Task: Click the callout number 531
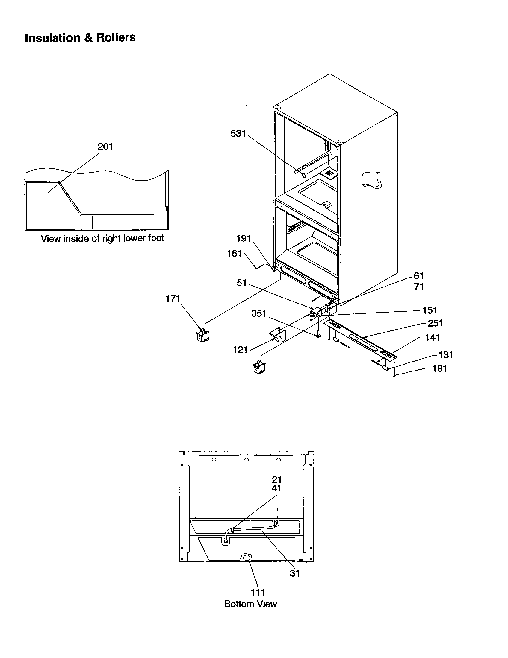tap(238, 133)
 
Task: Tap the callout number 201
tap(105, 147)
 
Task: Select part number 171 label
tap(173, 299)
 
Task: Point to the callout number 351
tap(259, 314)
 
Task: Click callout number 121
tap(240, 350)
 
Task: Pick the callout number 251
tap(435, 323)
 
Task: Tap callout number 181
tap(439, 368)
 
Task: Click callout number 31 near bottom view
tap(295, 573)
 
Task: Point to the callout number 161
tap(234, 253)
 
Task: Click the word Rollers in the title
tap(116, 38)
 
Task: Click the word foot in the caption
tap(156, 238)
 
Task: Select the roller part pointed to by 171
tap(203, 335)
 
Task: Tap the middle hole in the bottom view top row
tap(247, 460)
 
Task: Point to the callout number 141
tap(432, 337)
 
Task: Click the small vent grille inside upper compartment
tap(329, 173)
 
